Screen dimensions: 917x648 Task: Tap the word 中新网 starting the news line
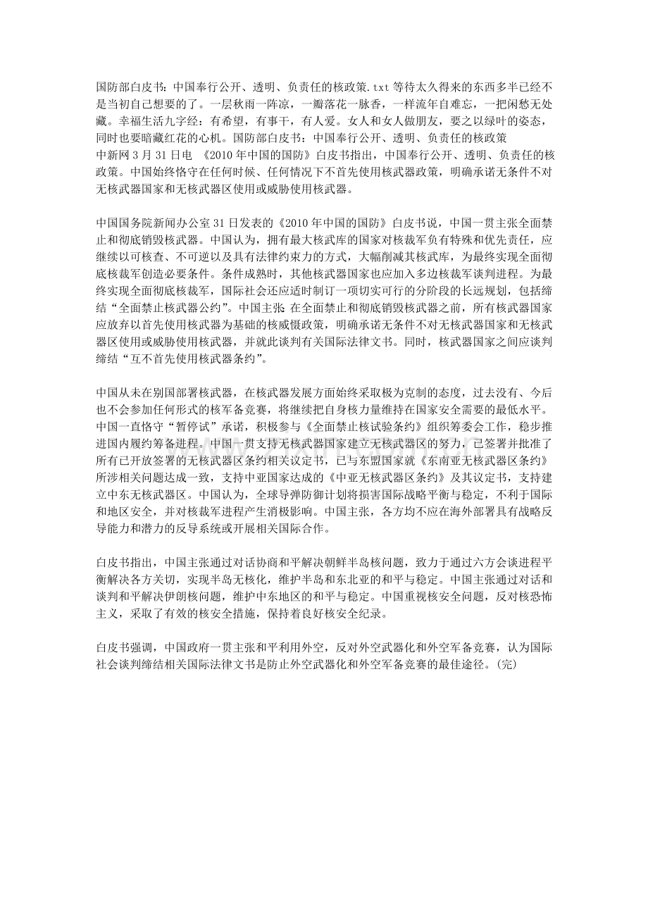[x=113, y=154]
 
